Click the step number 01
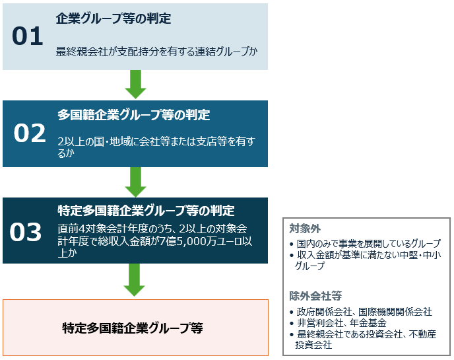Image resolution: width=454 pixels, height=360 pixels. (x=28, y=36)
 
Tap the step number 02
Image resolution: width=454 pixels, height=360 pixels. (x=30, y=133)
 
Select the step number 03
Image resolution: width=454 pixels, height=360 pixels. (x=26, y=232)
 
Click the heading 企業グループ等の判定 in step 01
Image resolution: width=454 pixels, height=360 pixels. (x=113, y=18)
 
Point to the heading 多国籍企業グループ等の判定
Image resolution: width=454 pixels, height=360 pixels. (x=133, y=115)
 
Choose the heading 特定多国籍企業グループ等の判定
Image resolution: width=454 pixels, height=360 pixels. (x=146, y=211)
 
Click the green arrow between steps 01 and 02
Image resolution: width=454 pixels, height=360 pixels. (x=135, y=84)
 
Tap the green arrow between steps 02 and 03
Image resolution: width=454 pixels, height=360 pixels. (x=135, y=182)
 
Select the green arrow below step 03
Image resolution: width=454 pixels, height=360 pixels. (x=134, y=279)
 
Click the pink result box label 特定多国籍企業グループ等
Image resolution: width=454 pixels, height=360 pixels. (x=133, y=328)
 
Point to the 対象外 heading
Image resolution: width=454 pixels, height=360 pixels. (x=305, y=229)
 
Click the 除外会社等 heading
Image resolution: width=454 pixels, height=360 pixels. (x=315, y=296)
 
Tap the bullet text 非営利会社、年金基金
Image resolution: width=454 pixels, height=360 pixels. (x=342, y=322)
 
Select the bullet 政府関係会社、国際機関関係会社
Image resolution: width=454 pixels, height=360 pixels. (x=364, y=312)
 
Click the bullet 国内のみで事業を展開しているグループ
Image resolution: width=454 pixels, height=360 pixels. (x=369, y=244)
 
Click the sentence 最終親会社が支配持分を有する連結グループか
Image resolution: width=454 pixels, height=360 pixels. (x=156, y=52)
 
